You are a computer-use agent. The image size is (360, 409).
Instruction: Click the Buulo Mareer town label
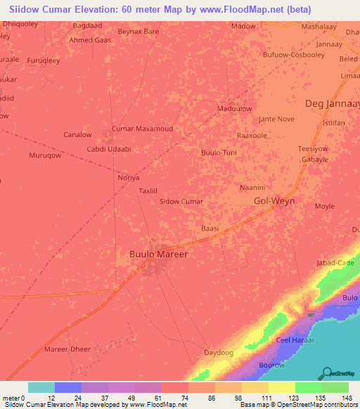160,254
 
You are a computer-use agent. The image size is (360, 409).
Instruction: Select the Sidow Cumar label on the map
181,202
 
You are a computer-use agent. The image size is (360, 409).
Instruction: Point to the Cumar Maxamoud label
143,129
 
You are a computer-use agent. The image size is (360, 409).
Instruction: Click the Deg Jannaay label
333,104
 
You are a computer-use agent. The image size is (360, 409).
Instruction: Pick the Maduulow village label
235,109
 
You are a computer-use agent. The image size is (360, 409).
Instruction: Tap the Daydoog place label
218,352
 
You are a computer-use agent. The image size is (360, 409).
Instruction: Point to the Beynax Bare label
139,32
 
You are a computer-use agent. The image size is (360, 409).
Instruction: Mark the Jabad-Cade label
335,263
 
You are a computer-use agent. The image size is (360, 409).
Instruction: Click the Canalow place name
77,134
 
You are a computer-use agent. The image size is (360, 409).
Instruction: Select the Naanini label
252,188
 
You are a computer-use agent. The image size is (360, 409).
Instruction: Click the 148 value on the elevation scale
347,398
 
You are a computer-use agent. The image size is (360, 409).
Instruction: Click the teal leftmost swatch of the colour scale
41,387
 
